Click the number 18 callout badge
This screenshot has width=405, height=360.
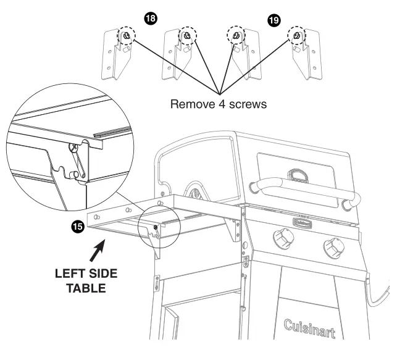[x=149, y=19]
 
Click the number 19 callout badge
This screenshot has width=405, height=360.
[x=272, y=20]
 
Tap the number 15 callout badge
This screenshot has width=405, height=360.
[x=78, y=227]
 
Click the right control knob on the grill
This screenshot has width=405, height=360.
[x=335, y=246]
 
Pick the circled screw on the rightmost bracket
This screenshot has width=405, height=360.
[x=296, y=36]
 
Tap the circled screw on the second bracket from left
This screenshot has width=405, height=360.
[x=186, y=36]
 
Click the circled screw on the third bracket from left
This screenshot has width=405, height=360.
[x=234, y=36]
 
